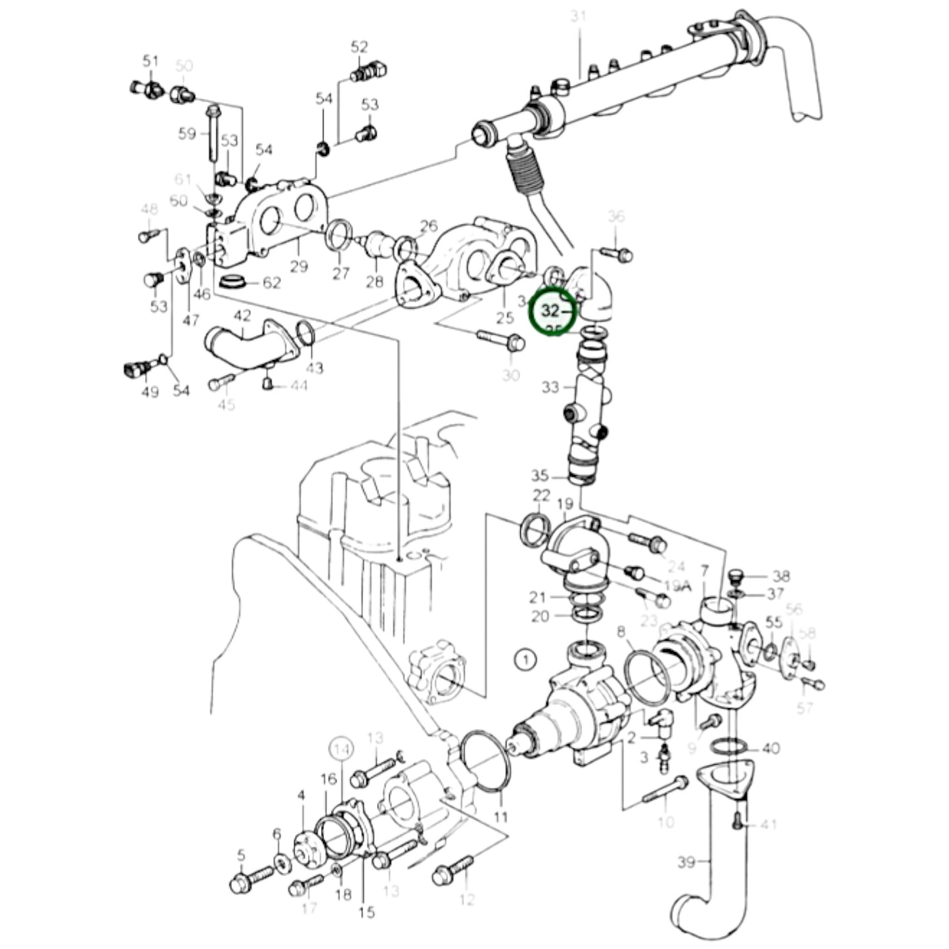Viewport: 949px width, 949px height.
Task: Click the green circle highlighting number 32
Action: click(x=552, y=311)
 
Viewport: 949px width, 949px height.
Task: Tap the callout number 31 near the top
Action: click(x=577, y=16)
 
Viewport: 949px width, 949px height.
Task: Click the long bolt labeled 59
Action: click(x=213, y=135)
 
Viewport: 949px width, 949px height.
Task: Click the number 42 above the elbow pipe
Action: click(x=242, y=315)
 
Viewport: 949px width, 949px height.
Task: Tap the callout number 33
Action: click(x=550, y=387)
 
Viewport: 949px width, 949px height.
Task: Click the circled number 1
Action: click(x=525, y=659)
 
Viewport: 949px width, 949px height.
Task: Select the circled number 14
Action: click(x=341, y=748)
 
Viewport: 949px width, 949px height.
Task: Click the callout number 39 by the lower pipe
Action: click(x=686, y=861)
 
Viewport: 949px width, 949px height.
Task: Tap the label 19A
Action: click(x=678, y=586)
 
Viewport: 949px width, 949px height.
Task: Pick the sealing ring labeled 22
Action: click(x=535, y=529)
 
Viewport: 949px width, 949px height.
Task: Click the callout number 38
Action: click(x=780, y=577)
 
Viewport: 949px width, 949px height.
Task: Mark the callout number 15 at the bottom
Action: click(x=366, y=912)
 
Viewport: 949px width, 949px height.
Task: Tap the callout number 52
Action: click(x=359, y=47)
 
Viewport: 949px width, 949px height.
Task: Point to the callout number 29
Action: click(x=299, y=267)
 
